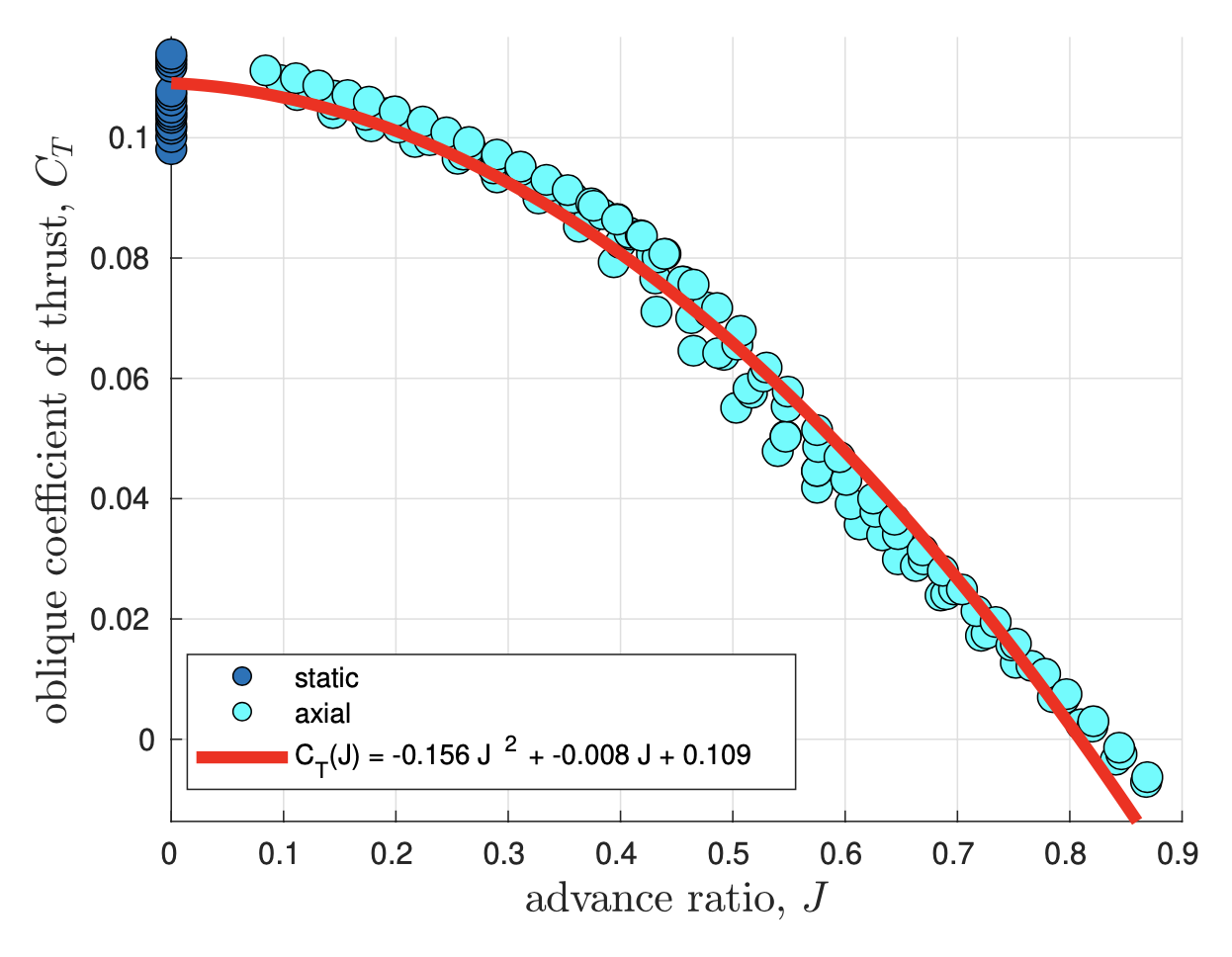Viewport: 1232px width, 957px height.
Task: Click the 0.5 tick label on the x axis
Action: pos(732,853)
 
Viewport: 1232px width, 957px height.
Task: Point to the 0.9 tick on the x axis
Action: pos(1182,853)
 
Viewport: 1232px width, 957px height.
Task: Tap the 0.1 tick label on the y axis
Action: pos(131,137)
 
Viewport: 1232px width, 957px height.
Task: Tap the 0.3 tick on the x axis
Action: pos(507,853)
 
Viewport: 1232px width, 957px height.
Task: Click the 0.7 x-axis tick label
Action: pos(956,853)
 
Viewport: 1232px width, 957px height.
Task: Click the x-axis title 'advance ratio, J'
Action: pos(675,900)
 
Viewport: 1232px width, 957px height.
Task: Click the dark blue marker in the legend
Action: pos(242,677)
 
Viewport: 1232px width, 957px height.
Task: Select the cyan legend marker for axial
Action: pos(242,712)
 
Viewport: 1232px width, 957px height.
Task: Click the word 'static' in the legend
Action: pos(326,678)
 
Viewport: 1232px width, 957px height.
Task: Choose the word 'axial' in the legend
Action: pos(322,713)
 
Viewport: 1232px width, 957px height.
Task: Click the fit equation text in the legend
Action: pos(522,756)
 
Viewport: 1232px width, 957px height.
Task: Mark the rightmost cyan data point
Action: pos(1146,777)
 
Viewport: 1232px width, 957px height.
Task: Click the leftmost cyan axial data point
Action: pos(265,70)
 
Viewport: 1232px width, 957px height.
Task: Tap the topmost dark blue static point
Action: pos(171,53)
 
